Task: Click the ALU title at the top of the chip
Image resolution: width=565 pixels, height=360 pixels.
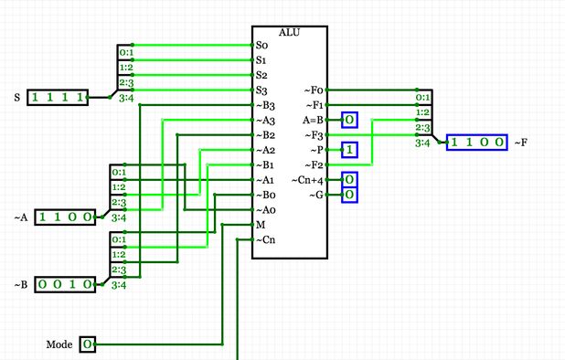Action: click(289, 32)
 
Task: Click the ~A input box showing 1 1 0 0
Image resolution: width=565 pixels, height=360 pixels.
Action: click(65, 217)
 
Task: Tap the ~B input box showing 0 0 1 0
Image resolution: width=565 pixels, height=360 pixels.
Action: click(65, 284)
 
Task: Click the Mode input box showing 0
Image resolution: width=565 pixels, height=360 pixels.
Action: click(87, 344)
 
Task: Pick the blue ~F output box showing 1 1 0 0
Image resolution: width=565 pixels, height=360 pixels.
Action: click(477, 143)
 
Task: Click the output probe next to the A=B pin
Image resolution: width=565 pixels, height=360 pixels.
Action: click(350, 120)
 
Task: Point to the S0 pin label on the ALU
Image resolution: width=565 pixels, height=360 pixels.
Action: click(262, 45)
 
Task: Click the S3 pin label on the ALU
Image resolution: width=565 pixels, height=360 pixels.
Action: click(262, 90)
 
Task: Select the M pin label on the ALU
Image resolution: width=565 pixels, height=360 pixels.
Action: click(261, 225)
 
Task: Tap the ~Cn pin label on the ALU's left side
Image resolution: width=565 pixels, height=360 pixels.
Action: click(265, 239)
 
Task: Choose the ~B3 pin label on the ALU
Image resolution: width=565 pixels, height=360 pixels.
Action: click(265, 105)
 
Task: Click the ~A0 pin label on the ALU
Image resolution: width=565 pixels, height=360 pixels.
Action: click(265, 209)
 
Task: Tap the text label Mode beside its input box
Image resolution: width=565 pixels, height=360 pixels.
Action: click(59, 344)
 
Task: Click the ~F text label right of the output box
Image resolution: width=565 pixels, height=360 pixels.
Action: click(521, 143)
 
